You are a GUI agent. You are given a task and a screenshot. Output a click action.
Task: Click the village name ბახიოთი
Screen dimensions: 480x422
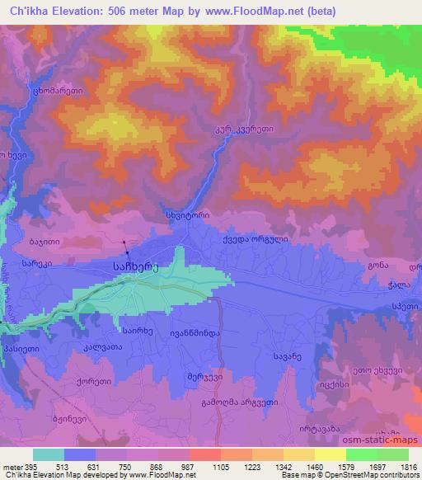41,242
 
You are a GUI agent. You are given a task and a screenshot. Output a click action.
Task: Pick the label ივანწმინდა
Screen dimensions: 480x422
195,332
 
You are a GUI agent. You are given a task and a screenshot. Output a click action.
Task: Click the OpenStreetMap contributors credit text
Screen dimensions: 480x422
362,476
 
